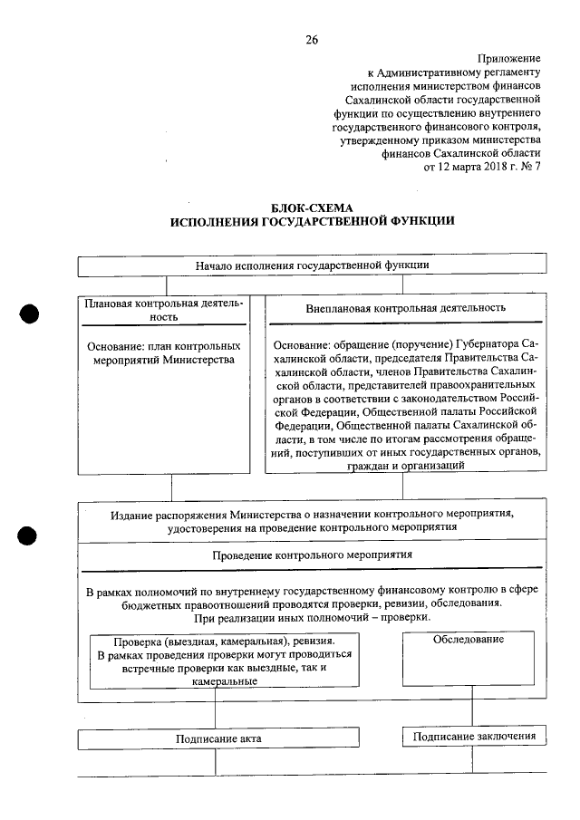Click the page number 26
tap(312, 39)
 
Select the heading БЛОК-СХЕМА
tap(312, 207)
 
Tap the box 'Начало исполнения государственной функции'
tap(312, 265)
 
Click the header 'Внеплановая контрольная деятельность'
tap(405, 308)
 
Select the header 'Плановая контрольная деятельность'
tap(164, 311)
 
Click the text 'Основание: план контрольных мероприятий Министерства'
tap(164, 352)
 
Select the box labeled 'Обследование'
tap(469, 639)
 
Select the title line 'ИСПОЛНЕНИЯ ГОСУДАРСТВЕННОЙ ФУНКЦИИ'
tap(312, 221)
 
